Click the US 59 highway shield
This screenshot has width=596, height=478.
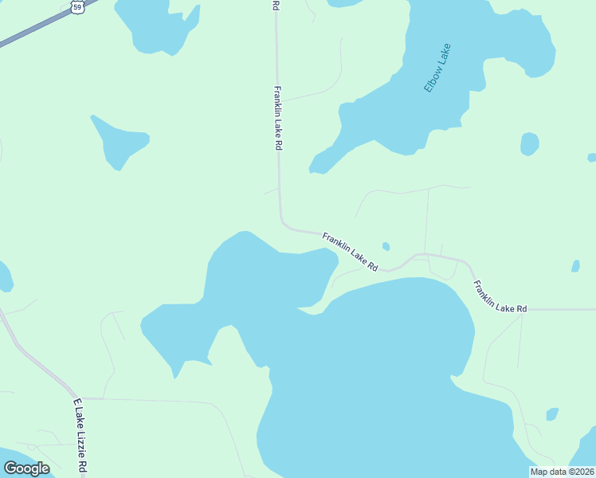point(76,6)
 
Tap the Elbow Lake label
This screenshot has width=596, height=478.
point(437,69)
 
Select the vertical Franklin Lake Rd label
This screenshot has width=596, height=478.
point(277,119)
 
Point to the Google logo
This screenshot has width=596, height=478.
point(26,468)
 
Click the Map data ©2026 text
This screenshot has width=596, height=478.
point(563,472)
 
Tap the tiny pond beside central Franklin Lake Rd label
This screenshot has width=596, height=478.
point(386,246)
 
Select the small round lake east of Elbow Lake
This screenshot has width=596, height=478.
point(529,144)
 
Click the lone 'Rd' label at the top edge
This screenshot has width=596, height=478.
point(276,5)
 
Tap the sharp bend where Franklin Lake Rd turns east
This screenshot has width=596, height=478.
point(283,224)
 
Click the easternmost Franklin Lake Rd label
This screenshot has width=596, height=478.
point(500,296)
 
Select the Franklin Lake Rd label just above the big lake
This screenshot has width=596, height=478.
point(350,251)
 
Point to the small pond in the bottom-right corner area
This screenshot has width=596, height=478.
point(552,414)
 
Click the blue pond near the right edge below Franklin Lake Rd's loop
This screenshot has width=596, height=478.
point(576,266)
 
